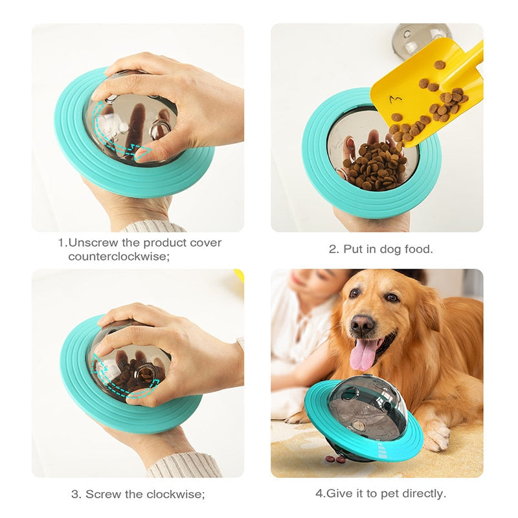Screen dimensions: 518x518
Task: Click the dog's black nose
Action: click(363, 324)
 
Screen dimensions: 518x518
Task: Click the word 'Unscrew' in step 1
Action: click(90, 243)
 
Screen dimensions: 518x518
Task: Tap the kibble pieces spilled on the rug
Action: click(336, 459)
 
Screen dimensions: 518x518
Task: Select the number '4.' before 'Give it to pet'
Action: click(320, 493)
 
